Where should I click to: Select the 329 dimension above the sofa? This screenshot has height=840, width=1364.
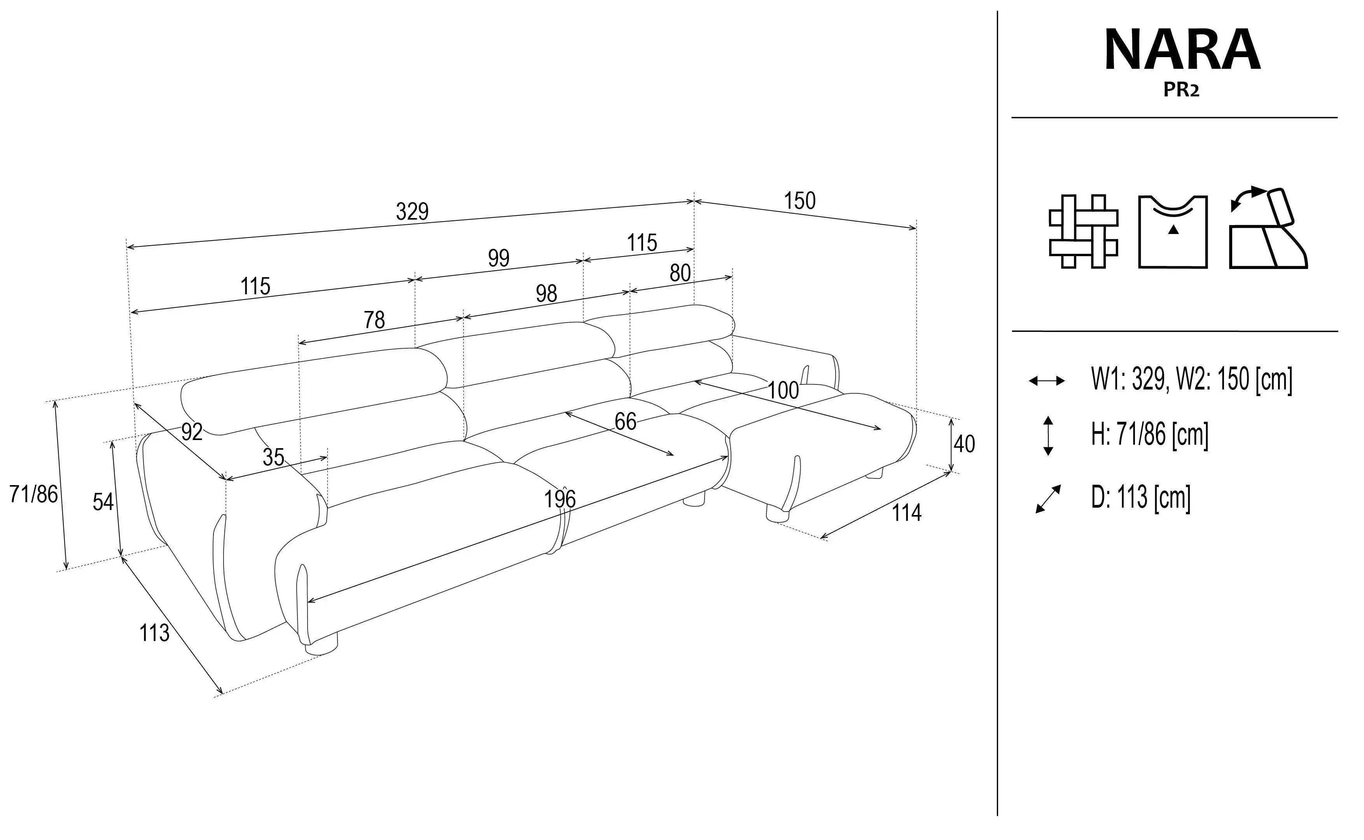tap(412, 212)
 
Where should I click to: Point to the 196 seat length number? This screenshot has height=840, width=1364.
tap(560, 499)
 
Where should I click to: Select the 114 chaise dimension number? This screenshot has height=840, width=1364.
tap(907, 512)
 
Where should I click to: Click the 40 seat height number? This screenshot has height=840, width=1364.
tap(964, 444)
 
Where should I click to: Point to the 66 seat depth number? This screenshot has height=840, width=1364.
tap(625, 422)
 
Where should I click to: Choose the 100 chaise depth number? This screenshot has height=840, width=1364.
tap(783, 391)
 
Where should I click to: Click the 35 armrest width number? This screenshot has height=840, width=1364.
tap(273, 457)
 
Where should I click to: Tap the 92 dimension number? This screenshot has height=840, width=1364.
tap(192, 431)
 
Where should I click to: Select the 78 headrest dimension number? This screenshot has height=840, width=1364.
tap(374, 320)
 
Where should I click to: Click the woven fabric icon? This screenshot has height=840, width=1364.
tap(1083, 231)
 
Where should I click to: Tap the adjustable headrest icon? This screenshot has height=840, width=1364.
tap(1268, 228)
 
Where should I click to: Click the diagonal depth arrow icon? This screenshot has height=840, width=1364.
tap(1048, 499)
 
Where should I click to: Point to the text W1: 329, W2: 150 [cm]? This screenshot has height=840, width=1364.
tap(1192, 380)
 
